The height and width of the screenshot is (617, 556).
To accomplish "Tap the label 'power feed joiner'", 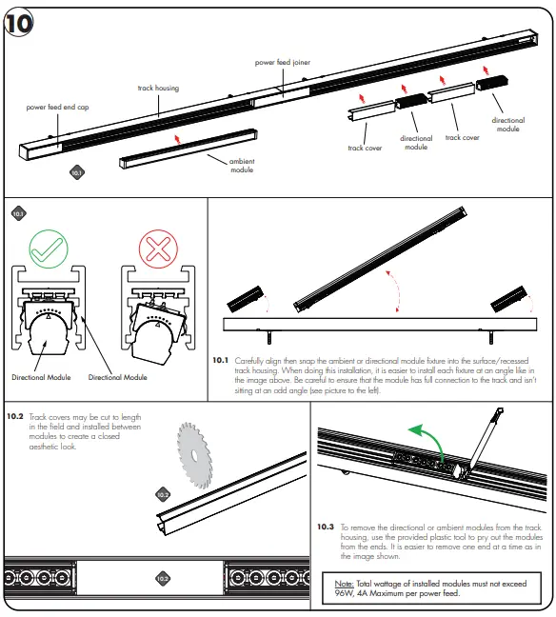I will tap(283, 63).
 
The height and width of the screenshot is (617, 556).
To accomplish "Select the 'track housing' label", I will tap(158, 89).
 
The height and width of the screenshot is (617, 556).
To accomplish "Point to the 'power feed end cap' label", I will tap(56, 107).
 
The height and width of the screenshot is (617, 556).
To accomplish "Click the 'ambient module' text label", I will tap(243, 166).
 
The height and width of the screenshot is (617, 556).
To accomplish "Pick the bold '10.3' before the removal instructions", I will tap(326, 526).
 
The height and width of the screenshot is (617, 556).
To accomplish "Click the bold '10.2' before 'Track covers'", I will tap(15, 416).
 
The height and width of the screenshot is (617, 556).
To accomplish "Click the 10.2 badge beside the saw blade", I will tap(162, 494).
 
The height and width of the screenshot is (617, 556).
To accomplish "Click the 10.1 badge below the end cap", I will tap(77, 173).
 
